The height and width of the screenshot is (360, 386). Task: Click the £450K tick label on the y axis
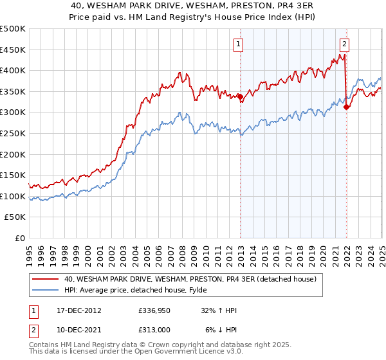pos(13,50)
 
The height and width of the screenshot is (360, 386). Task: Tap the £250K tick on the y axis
pos(13,133)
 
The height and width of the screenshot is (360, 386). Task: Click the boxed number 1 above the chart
pos(239,44)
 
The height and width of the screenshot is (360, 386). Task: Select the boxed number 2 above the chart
pos(345,44)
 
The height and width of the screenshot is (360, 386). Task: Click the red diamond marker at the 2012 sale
pos(241,97)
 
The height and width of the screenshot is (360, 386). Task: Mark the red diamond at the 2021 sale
pos(347,107)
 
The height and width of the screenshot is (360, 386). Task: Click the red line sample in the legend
pos(46,280)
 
